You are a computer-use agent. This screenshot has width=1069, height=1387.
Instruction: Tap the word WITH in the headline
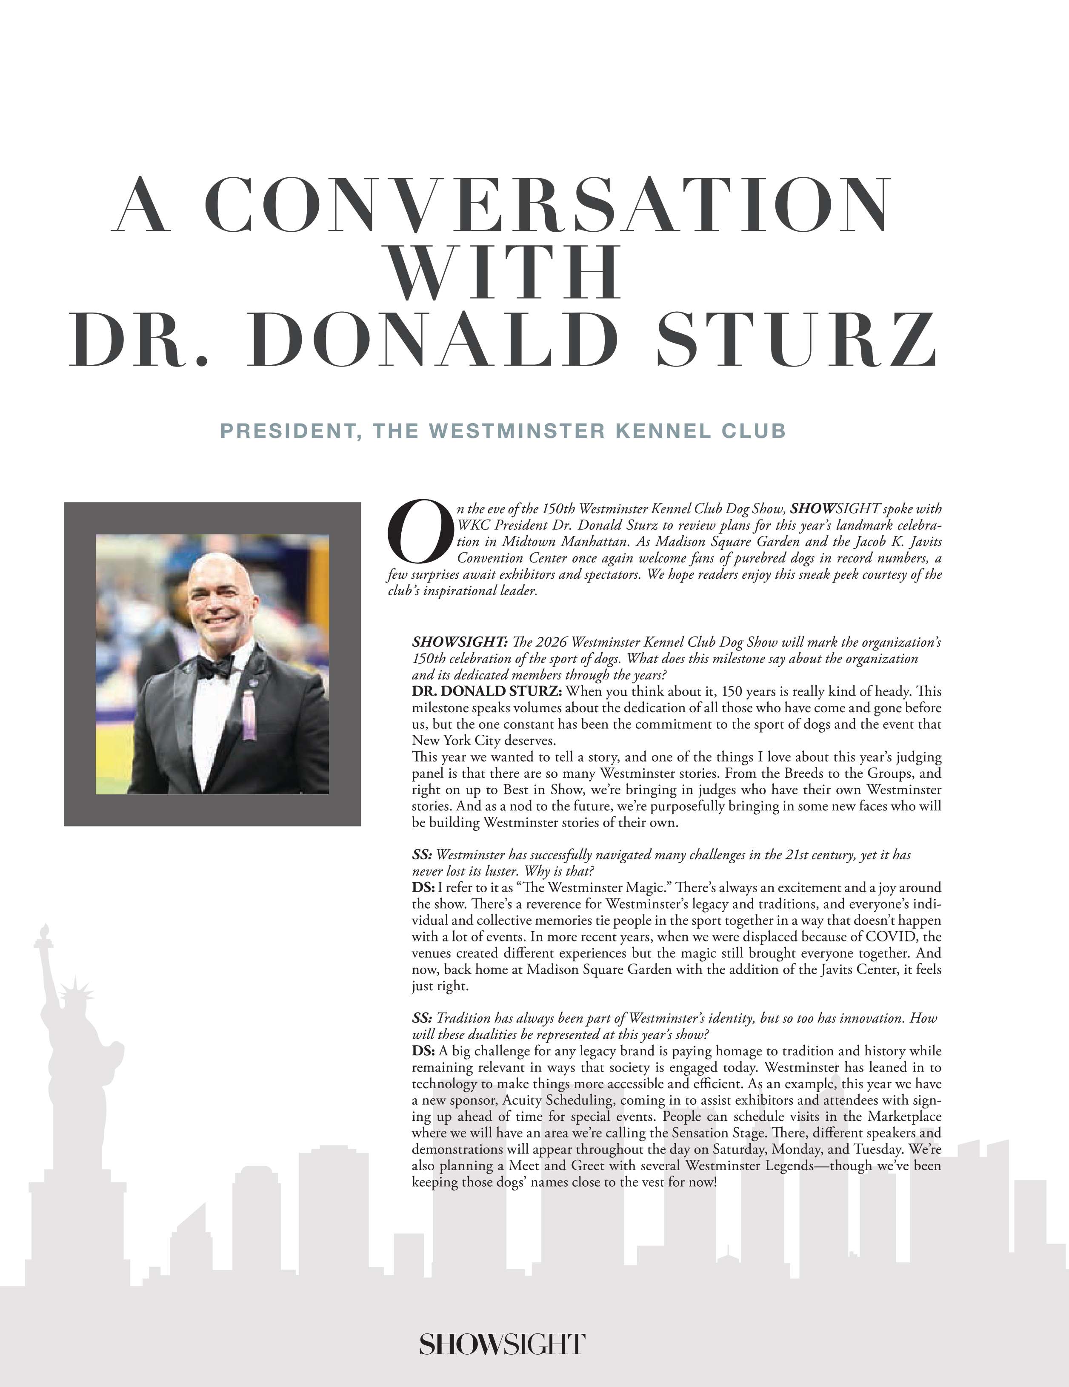pos(503,273)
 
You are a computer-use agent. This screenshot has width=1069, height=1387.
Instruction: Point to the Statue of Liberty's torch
pos(44,934)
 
